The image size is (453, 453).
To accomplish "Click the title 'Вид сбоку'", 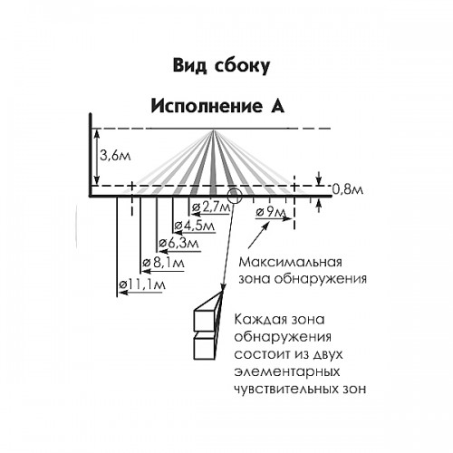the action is point(221,65).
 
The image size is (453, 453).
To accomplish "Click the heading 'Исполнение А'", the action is point(217,106).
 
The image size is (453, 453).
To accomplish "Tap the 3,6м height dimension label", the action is point(115,156).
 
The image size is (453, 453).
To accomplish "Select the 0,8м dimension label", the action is point(348,189).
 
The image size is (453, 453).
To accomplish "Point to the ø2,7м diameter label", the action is point(211,207).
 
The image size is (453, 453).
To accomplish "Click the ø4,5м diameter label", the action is point(195,226).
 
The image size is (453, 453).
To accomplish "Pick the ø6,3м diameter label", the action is point(178,243).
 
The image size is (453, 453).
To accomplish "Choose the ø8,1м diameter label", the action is point(164,263).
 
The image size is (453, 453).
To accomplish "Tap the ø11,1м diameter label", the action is point(142,284).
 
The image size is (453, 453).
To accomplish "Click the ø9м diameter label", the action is point(270,212).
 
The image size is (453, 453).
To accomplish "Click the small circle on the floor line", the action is point(235,197).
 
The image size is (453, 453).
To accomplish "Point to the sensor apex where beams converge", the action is point(214,130).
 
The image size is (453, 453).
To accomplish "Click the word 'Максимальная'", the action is point(290,262).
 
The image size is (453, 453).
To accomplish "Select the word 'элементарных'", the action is point(287,371).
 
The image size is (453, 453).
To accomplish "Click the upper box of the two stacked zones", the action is point(206,320).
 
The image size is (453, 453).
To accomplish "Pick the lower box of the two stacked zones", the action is point(205,348).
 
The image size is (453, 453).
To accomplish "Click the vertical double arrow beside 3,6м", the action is point(96,157).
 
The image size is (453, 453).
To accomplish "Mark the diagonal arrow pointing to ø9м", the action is point(258,236).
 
